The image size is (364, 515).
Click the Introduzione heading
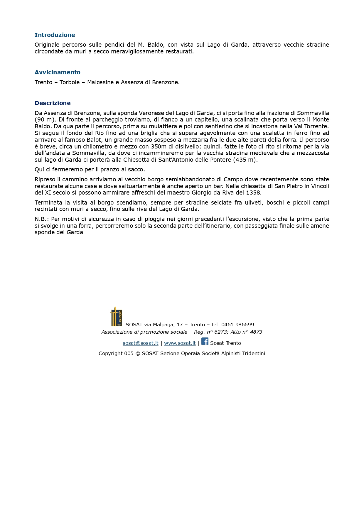point(55,35)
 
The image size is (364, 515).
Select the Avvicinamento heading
point(57,72)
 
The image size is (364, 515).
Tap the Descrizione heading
point(53,103)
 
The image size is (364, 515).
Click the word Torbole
point(70,82)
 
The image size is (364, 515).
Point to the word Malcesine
point(100,82)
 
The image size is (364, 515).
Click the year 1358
point(254,193)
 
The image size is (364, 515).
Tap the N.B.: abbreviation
point(42,219)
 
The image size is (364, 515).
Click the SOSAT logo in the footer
point(116,317)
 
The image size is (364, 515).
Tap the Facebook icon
point(205,341)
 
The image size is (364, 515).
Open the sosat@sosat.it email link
point(140,343)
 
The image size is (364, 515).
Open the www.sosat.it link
point(180,343)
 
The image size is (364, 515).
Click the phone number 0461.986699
point(237,325)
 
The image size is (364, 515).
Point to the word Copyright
point(110,353)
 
